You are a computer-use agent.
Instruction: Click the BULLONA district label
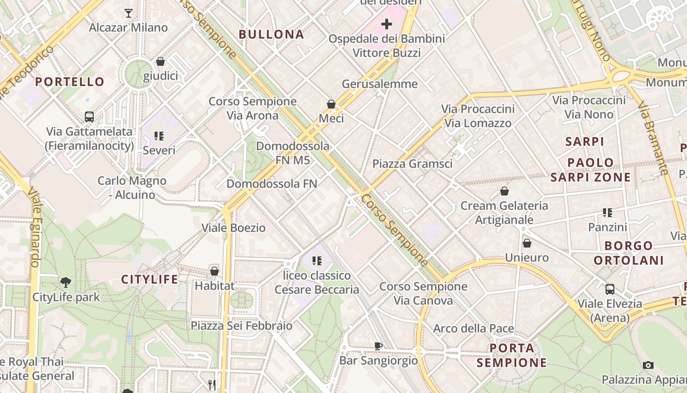tap(271, 34)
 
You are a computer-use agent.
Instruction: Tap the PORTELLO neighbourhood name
tap(70, 82)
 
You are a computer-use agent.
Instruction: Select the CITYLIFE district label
tap(150, 280)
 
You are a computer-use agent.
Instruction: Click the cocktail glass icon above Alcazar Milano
tap(129, 13)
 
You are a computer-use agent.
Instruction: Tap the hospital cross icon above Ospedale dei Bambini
tap(387, 24)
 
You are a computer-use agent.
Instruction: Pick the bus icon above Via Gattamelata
tap(89, 117)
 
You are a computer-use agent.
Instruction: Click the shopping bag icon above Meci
tap(331, 104)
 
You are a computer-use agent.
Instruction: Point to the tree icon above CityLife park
tap(66, 282)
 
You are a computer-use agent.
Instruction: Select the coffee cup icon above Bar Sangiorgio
tap(378, 346)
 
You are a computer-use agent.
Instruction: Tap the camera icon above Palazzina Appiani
tap(648, 365)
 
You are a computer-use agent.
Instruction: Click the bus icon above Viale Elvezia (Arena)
tap(610, 289)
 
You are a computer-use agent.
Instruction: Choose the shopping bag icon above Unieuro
tap(527, 243)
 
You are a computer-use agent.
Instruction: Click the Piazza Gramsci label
tap(412, 164)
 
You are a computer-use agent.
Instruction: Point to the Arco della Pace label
tap(474, 328)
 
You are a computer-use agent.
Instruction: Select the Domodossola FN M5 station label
tap(293, 153)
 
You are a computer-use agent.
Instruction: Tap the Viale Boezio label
tap(234, 228)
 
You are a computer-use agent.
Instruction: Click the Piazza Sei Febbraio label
tap(241, 326)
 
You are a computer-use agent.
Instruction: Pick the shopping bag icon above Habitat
tap(214, 271)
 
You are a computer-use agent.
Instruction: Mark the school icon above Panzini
tap(608, 213)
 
